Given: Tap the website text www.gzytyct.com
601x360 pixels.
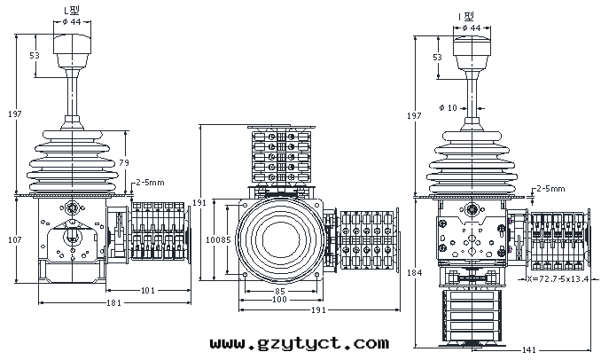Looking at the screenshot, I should [x=299, y=342].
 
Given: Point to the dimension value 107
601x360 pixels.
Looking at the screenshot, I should [x=15, y=239].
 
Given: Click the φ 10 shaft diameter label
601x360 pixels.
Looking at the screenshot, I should [x=450, y=108].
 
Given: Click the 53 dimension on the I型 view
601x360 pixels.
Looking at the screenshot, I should [x=438, y=57].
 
